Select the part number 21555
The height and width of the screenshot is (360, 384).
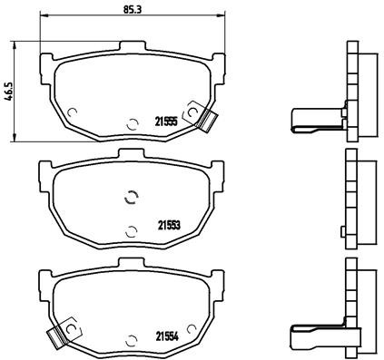click(164, 122)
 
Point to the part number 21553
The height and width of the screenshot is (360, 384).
click(167, 226)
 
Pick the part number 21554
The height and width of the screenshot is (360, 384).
click(164, 335)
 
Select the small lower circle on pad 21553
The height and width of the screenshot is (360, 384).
click(132, 229)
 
